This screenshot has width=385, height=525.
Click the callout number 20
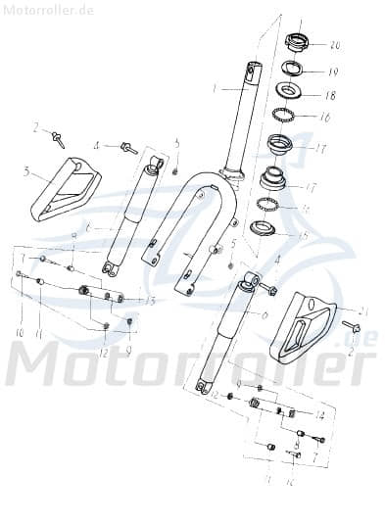[335, 46]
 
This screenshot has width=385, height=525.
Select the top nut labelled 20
[298, 43]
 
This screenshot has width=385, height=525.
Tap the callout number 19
[332, 72]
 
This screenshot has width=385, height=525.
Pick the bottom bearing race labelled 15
[263, 229]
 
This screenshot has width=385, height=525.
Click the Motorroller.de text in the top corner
[47, 10]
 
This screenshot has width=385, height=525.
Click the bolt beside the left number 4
[127, 148]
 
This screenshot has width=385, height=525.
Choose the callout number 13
[151, 300]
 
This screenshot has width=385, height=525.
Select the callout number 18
[329, 96]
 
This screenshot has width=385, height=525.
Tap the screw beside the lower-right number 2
[351, 326]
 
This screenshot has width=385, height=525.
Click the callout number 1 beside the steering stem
[214, 89]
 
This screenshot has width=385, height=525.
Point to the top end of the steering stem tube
[254, 69]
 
